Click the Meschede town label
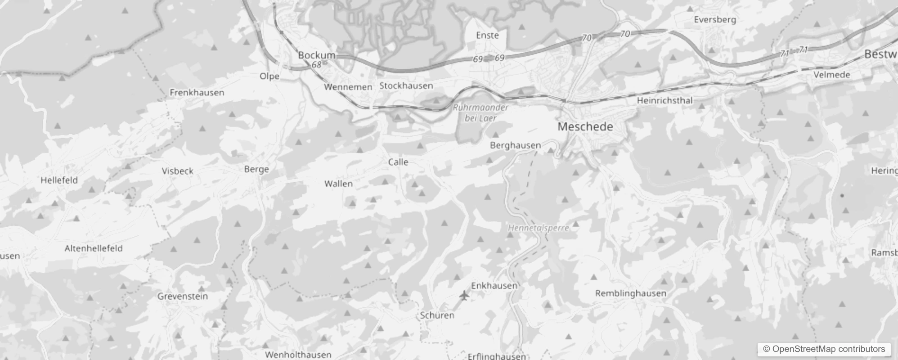pyautogui.click(x=585, y=127)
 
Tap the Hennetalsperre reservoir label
pyautogui.click(x=539, y=228)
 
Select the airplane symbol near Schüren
pyautogui.click(x=464, y=296)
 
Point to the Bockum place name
pyautogui.click(x=317, y=55)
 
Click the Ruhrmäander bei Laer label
pyautogui.click(x=480, y=113)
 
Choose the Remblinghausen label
pyautogui.click(x=630, y=293)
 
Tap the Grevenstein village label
pyautogui.click(x=183, y=297)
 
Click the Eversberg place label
pyautogui.click(x=715, y=20)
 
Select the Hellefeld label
pyautogui.click(x=59, y=180)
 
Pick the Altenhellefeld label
pyautogui.click(x=94, y=248)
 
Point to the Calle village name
pyautogui.click(x=398, y=162)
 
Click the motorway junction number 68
pyautogui.click(x=317, y=65)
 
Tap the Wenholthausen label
pyautogui.click(x=298, y=355)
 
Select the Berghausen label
pyautogui.click(x=515, y=145)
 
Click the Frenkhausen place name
pyautogui.click(x=197, y=93)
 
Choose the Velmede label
pyautogui.click(x=832, y=75)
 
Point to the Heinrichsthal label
pyautogui.click(x=665, y=100)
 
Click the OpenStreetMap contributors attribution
pyautogui.click(x=824, y=349)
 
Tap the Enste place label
pyautogui.click(x=487, y=35)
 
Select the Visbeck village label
pyautogui.click(x=177, y=171)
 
